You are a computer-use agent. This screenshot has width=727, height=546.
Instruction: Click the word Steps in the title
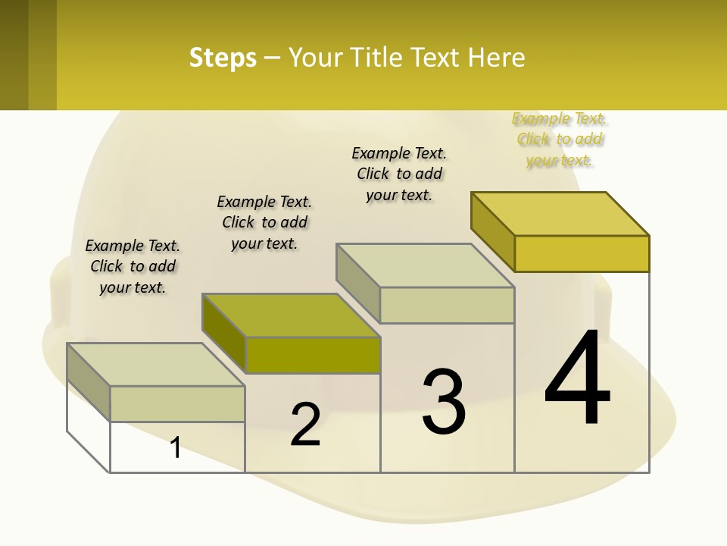(223, 58)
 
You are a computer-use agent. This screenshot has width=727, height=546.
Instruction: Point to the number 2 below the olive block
(305, 425)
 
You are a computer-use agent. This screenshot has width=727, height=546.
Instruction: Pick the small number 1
(176, 447)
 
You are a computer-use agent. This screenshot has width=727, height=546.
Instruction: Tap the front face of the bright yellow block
(582, 253)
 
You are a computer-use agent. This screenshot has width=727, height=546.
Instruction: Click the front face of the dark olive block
(313, 355)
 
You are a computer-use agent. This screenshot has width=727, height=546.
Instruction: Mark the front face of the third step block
(447, 305)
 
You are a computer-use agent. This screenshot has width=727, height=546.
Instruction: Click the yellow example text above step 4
(560, 140)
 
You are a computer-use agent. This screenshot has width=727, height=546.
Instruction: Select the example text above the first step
(133, 266)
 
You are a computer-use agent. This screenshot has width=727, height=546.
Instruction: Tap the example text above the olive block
(264, 222)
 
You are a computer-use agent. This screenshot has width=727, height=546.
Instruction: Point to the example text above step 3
(399, 174)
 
